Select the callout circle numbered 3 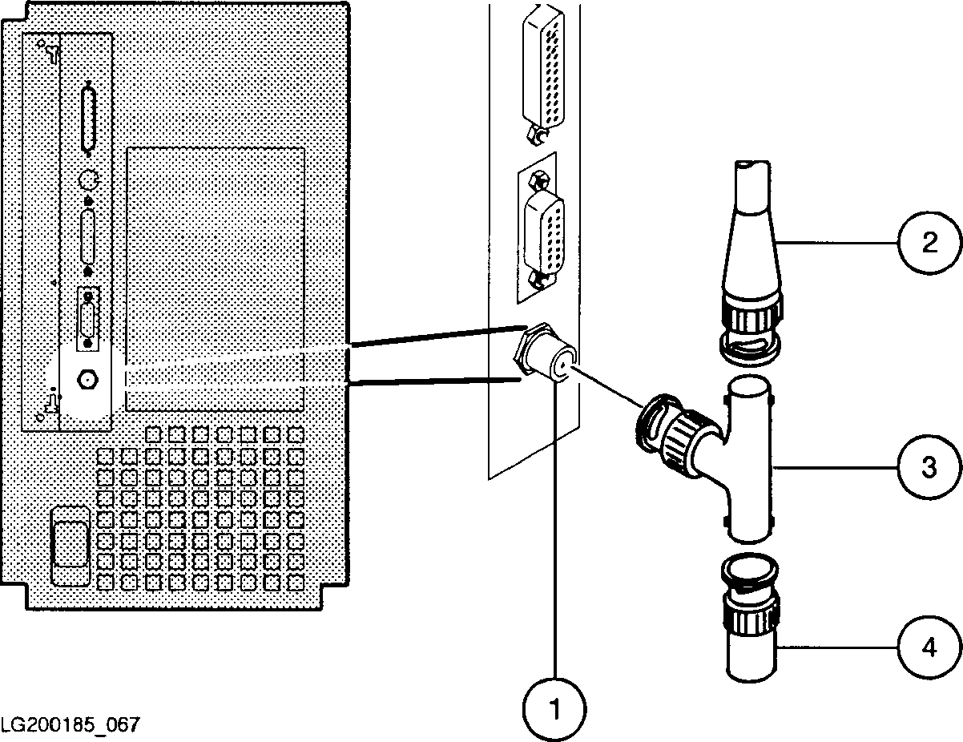click(928, 466)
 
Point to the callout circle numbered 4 click(928, 647)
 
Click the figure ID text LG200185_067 click(71, 724)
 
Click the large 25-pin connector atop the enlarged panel click(541, 68)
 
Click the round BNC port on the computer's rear click(87, 377)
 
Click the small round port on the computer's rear click(88, 179)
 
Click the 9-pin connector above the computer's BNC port click(87, 319)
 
